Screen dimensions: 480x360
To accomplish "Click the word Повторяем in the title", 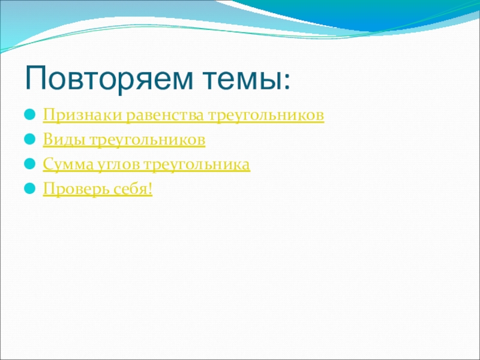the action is [x=109, y=79].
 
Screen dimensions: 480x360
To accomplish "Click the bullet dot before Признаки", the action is [x=30, y=115].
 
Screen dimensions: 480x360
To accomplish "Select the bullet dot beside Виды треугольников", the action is [x=30, y=139].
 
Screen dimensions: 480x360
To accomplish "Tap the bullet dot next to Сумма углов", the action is [x=30, y=164].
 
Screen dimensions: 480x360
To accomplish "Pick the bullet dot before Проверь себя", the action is [x=30, y=188].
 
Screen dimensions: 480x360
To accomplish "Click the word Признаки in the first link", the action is [x=83, y=115].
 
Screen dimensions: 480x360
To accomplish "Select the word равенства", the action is [x=164, y=115].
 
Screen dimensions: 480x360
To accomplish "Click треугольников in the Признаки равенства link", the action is [x=266, y=116].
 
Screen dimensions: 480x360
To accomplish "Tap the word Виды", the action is [x=64, y=140].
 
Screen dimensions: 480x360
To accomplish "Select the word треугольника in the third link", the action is [x=197, y=164].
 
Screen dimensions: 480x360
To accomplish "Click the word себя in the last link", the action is [x=129, y=188].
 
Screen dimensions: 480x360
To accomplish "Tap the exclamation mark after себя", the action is [x=149, y=188].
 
